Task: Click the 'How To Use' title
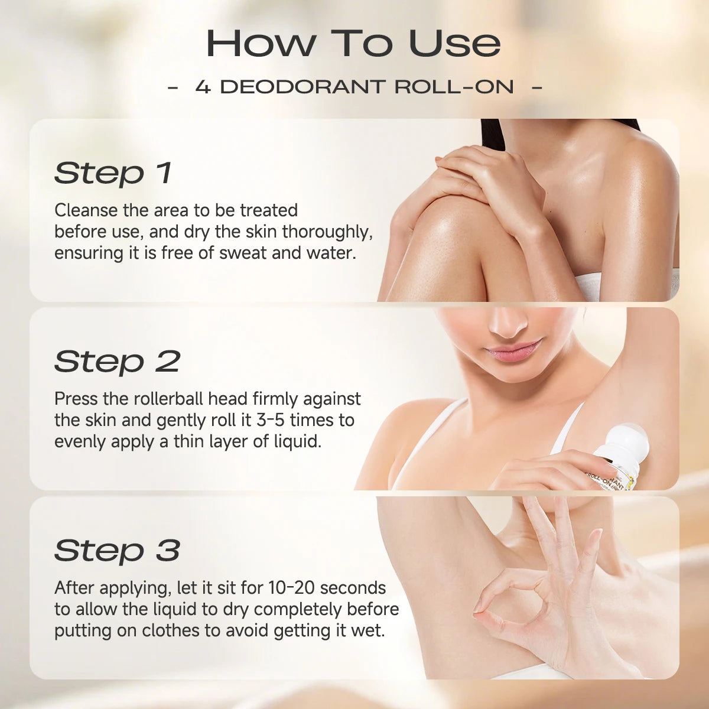(x=353, y=43)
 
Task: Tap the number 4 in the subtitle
(x=203, y=87)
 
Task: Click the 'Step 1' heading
(x=113, y=173)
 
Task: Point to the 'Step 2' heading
(x=117, y=362)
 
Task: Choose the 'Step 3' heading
(x=117, y=550)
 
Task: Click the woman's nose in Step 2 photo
(x=509, y=322)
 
